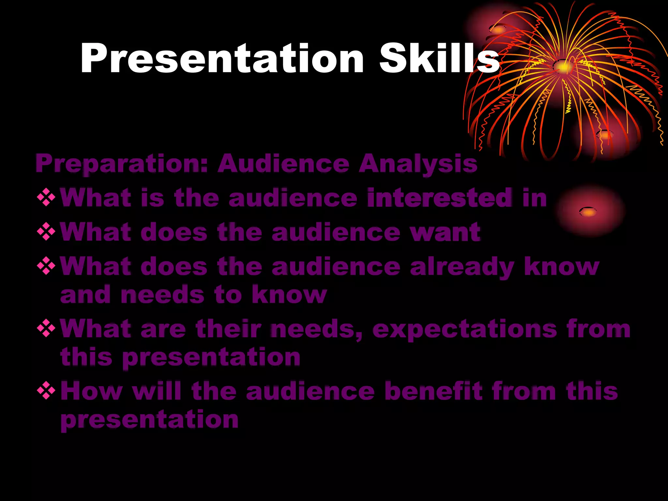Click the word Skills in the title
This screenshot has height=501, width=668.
(x=439, y=59)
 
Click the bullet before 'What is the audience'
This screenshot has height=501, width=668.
(x=46, y=198)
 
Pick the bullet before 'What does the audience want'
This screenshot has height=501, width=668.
(x=46, y=232)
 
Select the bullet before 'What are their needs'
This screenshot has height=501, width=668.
(x=46, y=328)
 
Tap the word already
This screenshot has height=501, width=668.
(x=462, y=267)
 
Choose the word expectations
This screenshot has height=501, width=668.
(x=465, y=329)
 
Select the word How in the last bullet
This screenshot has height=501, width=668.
(x=91, y=391)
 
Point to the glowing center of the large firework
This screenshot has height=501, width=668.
(x=564, y=67)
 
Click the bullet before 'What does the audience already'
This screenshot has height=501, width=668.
(x=46, y=266)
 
